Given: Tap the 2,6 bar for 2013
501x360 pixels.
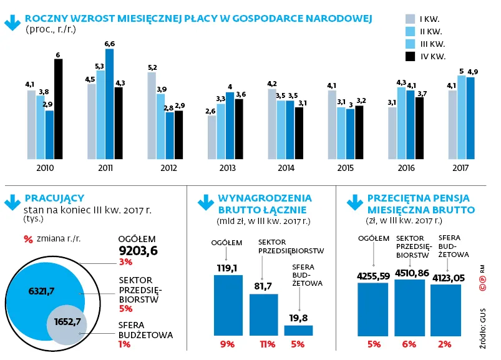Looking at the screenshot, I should pos(212,137).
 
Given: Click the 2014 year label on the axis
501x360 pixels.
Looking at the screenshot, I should pos(286,168).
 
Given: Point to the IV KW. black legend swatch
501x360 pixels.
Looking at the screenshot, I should pos(410,57).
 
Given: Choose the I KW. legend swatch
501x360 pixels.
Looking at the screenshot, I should pos(410,18).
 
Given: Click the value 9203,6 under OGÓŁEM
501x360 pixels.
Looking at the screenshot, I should pos(138,251).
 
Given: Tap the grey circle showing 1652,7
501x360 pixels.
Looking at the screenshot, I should pos(68,323).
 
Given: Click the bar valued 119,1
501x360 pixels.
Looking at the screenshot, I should pos(228,306).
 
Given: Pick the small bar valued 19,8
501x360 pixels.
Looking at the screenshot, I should pos(299,331).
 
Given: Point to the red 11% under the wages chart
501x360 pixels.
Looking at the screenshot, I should pos(263,344).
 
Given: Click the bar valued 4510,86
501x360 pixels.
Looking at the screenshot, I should pos(410,308).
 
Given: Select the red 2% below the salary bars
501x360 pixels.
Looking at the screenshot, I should pos(445,344).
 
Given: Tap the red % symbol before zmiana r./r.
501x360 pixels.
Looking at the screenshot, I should pos(27,238).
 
